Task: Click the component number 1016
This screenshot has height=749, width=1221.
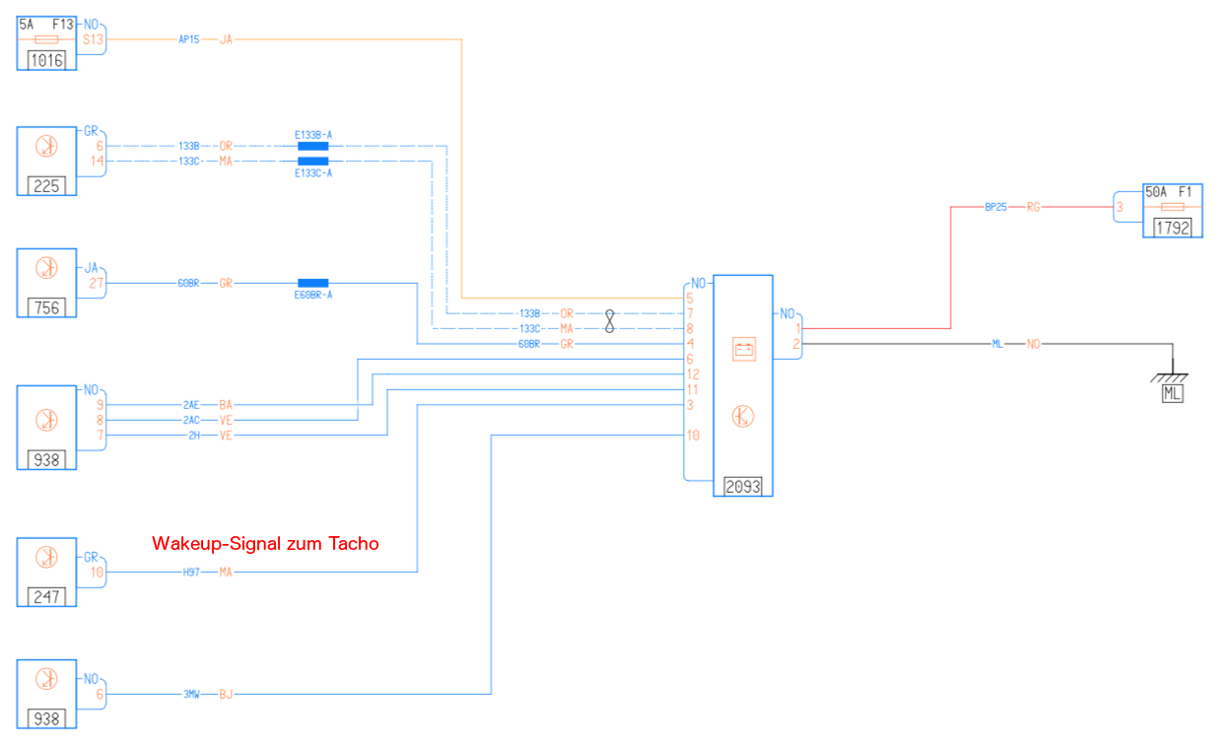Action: [x=46, y=60]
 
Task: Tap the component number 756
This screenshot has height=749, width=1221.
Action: [x=46, y=307]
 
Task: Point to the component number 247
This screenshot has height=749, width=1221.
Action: [x=46, y=595]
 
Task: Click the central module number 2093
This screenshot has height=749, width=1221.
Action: [x=743, y=486]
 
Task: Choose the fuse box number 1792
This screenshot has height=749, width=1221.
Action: [x=1173, y=228]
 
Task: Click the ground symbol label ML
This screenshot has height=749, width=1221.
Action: [x=1172, y=394]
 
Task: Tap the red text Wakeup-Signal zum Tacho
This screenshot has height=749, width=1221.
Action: [x=265, y=543]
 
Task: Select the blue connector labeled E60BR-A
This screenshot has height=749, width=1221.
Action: [x=313, y=283]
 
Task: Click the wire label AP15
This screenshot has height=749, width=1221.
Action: [x=188, y=39]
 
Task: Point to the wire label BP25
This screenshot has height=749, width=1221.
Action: [x=995, y=207]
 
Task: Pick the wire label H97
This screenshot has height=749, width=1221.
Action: [x=191, y=572]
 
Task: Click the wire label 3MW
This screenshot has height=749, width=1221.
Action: [x=191, y=695]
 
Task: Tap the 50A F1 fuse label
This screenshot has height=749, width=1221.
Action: [x=1168, y=192]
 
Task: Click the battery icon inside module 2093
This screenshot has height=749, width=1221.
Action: [x=743, y=350]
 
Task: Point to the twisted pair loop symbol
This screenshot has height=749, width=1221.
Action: [x=610, y=320]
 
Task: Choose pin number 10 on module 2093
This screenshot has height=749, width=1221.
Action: [x=694, y=435]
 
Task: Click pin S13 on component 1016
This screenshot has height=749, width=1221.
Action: [x=94, y=39]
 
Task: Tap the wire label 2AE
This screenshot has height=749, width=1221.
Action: [x=191, y=404]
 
